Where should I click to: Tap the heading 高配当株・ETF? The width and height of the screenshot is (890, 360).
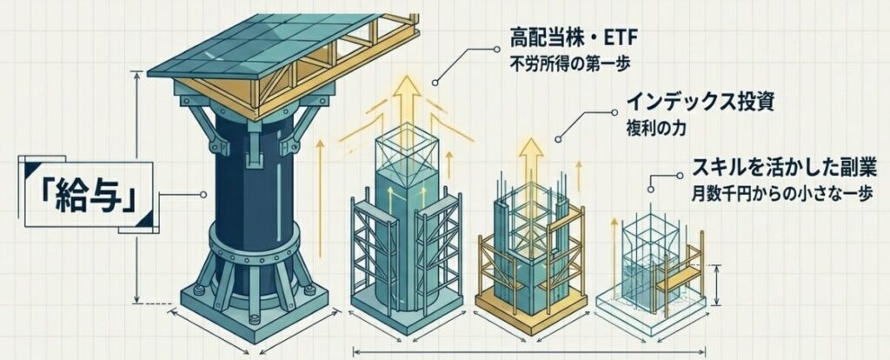point(565,38)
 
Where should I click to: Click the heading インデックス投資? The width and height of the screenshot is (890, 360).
point(694,106)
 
